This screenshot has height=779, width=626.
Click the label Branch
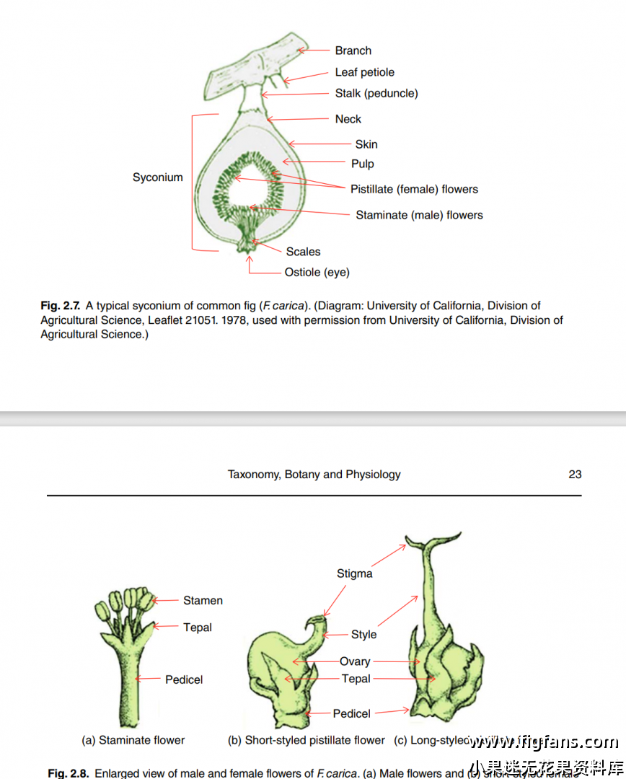(353, 50)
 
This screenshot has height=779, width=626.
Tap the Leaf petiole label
(364, 72)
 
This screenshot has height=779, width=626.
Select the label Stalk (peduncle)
(376, 93)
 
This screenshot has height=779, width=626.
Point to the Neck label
(348, 119)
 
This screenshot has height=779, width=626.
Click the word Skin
(366, 144)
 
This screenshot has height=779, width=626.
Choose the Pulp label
(362, 164)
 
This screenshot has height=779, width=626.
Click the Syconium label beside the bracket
(157, 177)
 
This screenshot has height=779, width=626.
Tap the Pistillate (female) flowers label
(414, 189)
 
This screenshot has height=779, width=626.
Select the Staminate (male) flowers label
(419, 215)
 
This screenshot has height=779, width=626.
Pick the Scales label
(303, 252)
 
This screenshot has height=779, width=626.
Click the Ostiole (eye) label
(317, 273)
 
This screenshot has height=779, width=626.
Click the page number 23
(575, 475)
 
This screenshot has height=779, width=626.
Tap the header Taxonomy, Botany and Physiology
(314, 475)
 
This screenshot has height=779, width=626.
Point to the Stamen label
(203, 600)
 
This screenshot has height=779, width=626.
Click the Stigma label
(354, 573)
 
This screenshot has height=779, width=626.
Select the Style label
(363, 635)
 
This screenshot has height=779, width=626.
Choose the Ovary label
(355, 661)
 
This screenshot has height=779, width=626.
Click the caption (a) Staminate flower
(133, 740)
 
